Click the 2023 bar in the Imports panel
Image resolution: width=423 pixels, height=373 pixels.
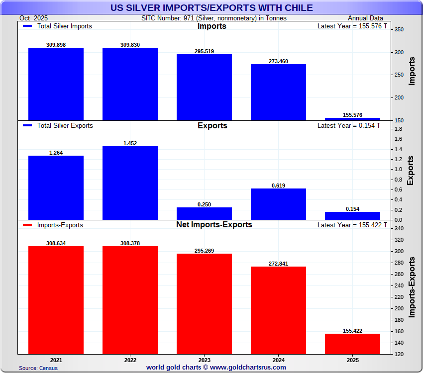point(204,87)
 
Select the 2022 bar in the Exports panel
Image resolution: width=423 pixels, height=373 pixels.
point(130,183)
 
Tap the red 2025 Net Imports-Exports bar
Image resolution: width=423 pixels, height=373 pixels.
point(352,344)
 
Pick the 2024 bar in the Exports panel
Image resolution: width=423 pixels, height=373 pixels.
point(278,204)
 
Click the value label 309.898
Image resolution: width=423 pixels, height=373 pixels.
point(55,45)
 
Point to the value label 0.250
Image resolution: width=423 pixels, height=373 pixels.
point(204,204)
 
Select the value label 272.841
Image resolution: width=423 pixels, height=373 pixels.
point(278,264)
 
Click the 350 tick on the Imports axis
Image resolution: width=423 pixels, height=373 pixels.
point(399,29)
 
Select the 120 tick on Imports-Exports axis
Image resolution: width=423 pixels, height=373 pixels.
point(399,354)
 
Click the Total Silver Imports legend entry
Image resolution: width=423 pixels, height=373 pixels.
point(59,26)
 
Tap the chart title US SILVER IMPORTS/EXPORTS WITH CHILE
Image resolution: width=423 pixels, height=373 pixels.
point(211,7)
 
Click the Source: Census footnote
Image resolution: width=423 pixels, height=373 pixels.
point(38,368)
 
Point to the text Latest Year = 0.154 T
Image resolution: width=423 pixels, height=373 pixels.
point(348,126)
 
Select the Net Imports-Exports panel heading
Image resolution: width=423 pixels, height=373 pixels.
point(214,225)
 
